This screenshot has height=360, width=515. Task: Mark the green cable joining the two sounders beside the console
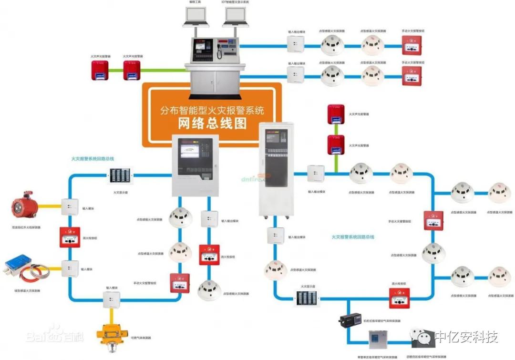tap(117, 71)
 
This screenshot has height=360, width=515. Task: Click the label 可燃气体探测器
tap(141, 338)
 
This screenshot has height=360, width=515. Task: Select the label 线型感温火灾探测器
tap(27, 290)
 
